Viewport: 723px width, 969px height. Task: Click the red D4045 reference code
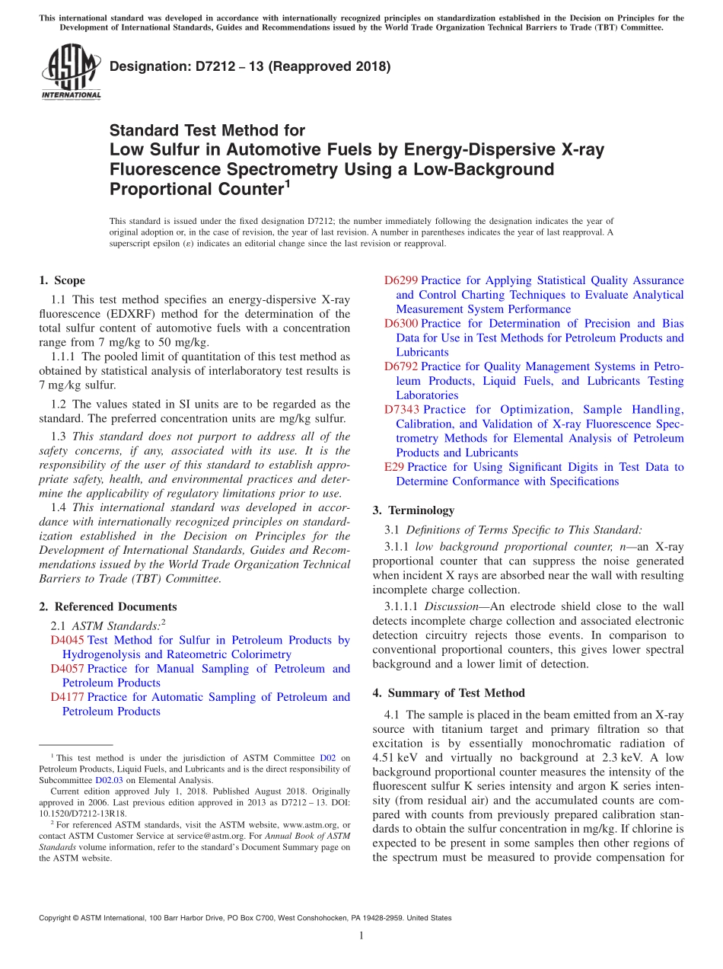click(x=67, y=641)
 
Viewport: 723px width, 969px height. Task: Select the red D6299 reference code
click(x=401, y=281)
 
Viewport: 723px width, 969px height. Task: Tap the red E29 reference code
click(x=394, y=467)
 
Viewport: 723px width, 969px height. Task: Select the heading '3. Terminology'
click(x=413, y=510)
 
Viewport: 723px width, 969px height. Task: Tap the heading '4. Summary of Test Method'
click(x=448, y=693)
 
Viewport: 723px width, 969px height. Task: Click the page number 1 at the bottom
click(x=361, y=935)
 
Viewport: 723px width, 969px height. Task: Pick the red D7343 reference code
click(x=401, y=410)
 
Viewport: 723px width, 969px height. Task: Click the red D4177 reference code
click(x=67, y=697)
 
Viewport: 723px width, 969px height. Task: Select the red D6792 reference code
click(x=401, y=366)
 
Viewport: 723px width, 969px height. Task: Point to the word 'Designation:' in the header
click(x=146, y=67)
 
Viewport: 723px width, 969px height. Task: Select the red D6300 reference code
click(x=401, y=324)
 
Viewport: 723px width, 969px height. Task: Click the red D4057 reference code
click(x=67, y=669)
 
